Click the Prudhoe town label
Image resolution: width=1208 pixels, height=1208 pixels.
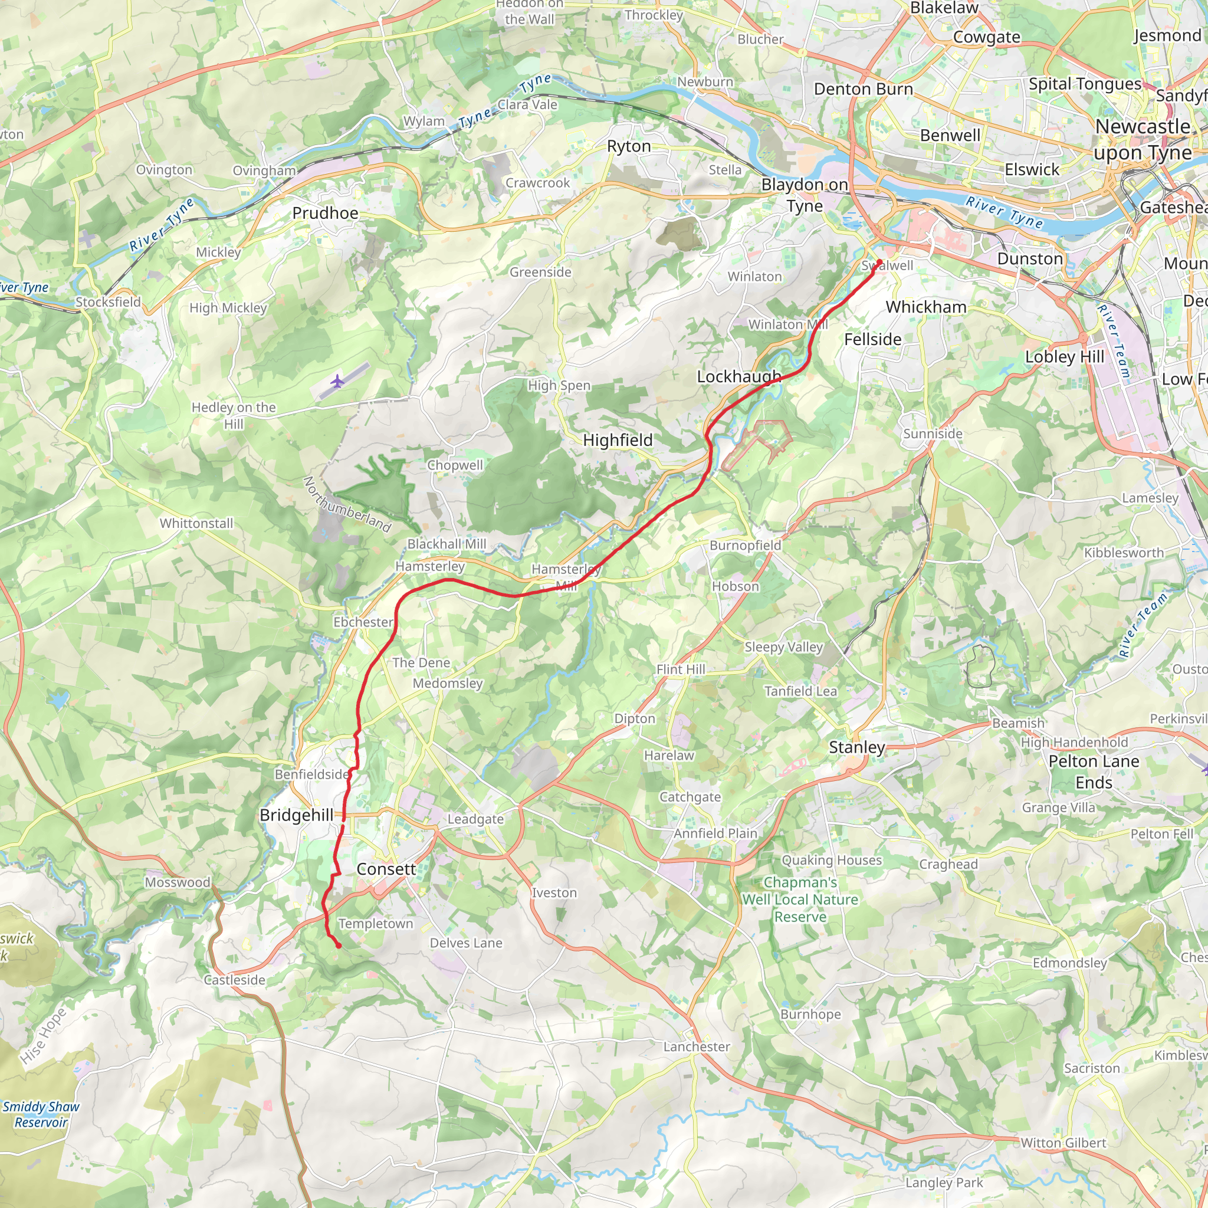(325, 213)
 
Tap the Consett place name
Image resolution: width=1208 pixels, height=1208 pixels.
(386, 869)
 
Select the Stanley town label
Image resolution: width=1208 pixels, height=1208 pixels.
(856, 747)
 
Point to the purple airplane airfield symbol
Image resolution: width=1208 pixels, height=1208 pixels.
(337, 381)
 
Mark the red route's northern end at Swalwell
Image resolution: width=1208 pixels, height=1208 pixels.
(879, 261)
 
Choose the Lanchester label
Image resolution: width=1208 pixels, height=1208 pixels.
(697, 1047)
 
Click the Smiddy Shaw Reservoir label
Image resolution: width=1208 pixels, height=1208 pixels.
(41, 1114)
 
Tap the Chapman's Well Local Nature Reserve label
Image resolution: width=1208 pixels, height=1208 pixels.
(800, 900)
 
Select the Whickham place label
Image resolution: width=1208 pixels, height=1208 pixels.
(926, 307)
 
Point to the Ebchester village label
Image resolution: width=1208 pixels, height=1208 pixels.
(363, 622)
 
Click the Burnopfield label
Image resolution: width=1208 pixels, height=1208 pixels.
(746, 545)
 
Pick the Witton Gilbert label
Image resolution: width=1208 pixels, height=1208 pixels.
(1063, 1143)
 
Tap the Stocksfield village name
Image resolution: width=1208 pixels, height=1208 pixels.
(108, 302)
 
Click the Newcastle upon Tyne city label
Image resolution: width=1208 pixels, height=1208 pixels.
(1143, 139)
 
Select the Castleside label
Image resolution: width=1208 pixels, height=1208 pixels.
(235, 980)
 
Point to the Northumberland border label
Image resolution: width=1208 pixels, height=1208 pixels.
(347, 504)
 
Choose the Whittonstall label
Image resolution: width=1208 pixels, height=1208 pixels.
(196, 523)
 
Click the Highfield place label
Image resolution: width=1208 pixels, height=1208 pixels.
(618, 440)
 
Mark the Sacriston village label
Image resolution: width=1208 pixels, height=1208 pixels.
(1092, 1068)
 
